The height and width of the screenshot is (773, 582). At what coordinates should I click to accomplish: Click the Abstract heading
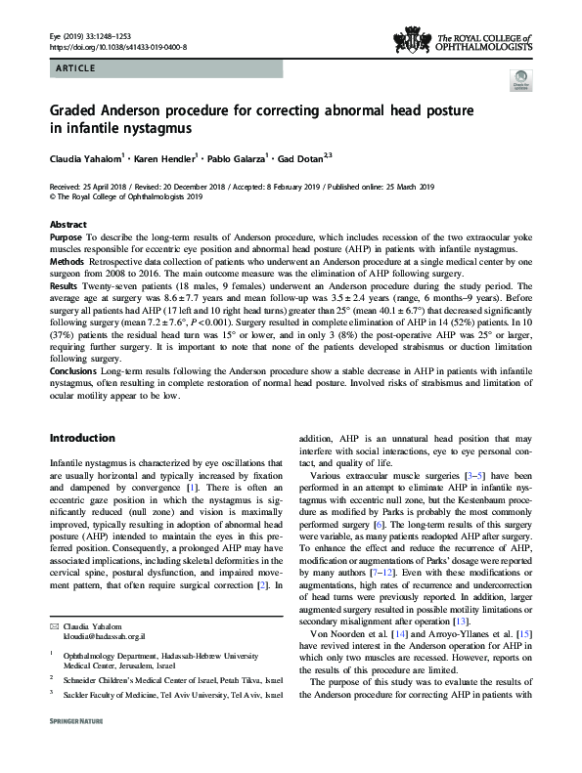(67, 224)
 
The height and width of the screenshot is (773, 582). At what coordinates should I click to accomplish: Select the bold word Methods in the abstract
(67, 264)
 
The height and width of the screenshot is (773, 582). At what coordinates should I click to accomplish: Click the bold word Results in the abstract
(66, 289)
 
